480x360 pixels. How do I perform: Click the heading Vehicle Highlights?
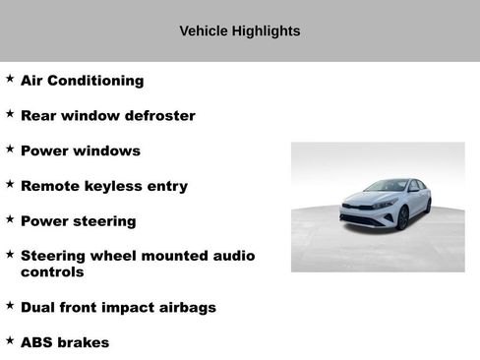[239, 30]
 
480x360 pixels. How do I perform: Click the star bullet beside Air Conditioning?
[10, 78]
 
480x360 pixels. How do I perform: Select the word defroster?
[159, 116]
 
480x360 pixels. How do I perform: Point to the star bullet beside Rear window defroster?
[10, 113]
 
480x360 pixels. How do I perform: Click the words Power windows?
[80, 151]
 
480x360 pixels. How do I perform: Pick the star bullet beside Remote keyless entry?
[10, 183]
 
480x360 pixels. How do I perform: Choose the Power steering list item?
[78, 221]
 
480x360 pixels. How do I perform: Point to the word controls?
[52, 271]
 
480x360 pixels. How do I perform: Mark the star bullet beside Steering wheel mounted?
[10, 253]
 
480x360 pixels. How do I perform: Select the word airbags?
[184, 308]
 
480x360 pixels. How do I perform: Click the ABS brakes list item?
[64, 342]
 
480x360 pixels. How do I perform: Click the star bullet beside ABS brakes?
[10, 339]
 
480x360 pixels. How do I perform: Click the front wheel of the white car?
[402, 218]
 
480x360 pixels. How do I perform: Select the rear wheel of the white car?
[428, 206]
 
